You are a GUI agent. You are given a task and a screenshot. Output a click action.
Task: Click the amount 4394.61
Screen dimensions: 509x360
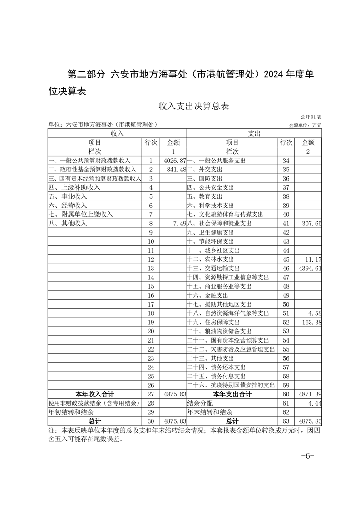[308, 269]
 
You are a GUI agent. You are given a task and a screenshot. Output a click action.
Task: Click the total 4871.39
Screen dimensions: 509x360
[308, 394]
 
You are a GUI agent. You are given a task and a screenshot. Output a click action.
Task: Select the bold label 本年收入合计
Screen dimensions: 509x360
[94, 394]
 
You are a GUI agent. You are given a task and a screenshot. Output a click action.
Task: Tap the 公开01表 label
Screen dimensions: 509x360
[311, 117]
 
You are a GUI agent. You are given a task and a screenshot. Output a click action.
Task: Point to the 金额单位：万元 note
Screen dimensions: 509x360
[305, 125]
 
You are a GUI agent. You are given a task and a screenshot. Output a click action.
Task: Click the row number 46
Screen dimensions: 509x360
[286, 269]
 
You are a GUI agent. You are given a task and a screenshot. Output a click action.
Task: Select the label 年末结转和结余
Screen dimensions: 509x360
[210, 412]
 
